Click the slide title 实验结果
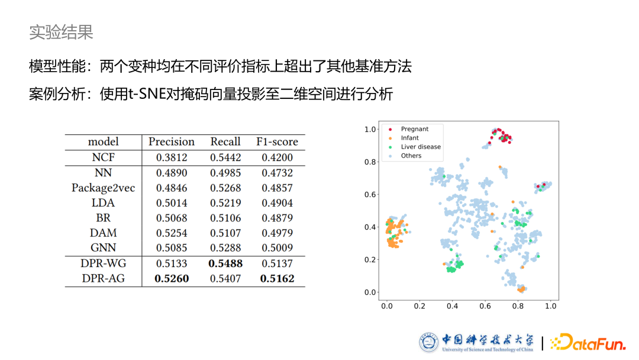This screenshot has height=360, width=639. [x=61, y=32]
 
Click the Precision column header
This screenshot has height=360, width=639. [x=171, y=142]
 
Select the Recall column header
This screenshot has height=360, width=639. [x=225, y=142]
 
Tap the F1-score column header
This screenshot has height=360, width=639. [x=277, y=142]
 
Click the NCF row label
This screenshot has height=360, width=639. [x=103, y=157]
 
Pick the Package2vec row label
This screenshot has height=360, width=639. [x=103, y=188]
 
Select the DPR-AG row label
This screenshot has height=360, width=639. [x=103, y=278]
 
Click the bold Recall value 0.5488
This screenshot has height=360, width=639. [x=226, y=263]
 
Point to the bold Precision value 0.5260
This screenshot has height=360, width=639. [x=172, y=278]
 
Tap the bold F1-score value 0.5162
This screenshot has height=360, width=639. [x=277, y=278]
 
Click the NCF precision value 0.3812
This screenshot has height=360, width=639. [x=171, y=157]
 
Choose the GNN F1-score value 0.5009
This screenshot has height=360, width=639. [x=277, y=248]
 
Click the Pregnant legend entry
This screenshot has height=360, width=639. [x=414, y=129]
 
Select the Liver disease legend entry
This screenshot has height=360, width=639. [x=421, y=147]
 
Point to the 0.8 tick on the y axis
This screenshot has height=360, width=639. [x=370, y=162]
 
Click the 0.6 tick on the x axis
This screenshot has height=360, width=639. [x=485, y=306]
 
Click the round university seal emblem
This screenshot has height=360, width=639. [x=429, y=342]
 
